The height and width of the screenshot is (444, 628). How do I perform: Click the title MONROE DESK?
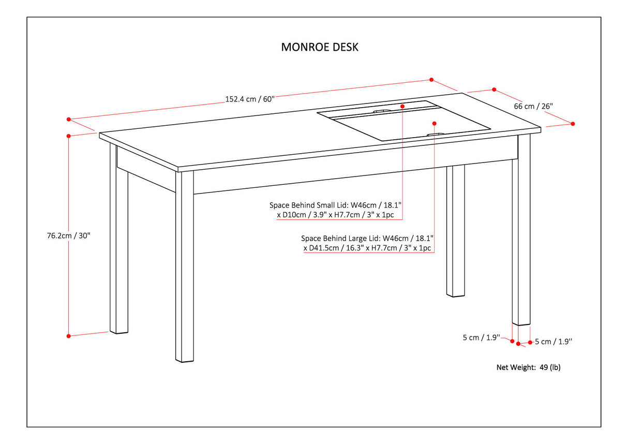point(319,47)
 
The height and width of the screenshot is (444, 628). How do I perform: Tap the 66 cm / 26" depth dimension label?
point(533,106)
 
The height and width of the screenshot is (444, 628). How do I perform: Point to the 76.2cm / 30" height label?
point(68,235)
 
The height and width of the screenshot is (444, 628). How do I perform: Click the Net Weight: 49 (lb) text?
point(528,367)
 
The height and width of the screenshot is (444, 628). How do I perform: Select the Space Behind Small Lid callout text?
point(336,210)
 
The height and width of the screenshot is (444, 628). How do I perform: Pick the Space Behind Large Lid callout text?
point(367,243)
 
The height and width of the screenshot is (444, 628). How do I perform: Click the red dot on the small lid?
point(402,105)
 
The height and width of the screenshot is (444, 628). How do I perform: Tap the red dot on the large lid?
point(434,123)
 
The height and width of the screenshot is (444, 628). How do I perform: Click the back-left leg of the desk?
point(119,243)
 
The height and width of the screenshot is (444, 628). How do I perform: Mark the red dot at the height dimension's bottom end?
point(68,336)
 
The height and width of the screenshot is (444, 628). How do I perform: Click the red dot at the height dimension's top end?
point(68,136)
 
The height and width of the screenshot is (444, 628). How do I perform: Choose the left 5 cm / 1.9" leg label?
point(481,338)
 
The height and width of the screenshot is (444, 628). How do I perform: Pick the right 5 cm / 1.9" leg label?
point(553,342)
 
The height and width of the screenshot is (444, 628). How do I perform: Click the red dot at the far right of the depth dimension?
point(573,124)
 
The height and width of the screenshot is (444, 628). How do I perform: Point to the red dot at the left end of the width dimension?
point(68,119)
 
